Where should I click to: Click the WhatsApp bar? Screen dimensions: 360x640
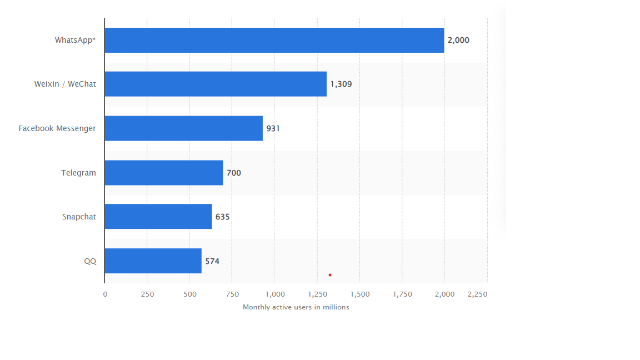[274, 41]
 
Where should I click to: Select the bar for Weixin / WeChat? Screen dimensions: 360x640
[215, 84]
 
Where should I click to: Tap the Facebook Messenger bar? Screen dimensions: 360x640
[183, 128]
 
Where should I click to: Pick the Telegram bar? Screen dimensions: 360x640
[163, 173]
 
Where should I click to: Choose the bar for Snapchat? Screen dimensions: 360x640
[158, 217]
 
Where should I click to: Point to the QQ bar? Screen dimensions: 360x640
[153, 261]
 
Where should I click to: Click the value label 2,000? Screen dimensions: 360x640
[458, 41]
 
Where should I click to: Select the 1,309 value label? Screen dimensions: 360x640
[341, 84]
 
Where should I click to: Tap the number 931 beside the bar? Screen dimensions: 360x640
[273, 128]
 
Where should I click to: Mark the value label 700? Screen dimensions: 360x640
[234, 173]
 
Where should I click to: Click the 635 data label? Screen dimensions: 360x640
[222, 217]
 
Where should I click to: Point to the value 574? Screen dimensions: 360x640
[212, 261]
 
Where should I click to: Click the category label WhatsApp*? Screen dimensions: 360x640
[75, 40]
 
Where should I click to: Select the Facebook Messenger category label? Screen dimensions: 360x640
[57, 128]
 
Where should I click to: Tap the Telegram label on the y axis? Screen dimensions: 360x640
[78, 173]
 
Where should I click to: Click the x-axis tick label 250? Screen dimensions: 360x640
[147, 294]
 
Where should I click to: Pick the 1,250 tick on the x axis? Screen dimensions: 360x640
[317, 294]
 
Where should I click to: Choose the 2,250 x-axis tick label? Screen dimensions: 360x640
[477, 294]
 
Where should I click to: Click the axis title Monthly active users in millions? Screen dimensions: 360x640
[296, 307]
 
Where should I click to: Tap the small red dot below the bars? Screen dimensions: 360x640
[329, 275]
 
